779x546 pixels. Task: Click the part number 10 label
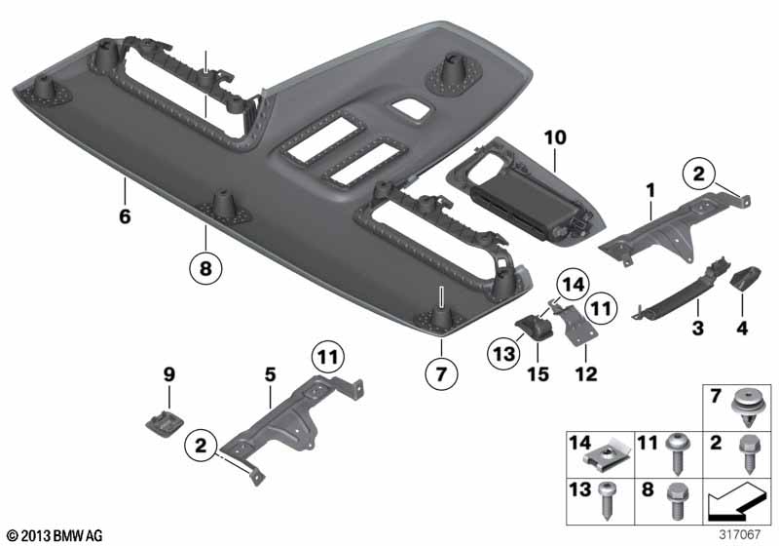pyautogui.click(x=555, y=137)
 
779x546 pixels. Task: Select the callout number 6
pyautogui.click(x=125, y=216)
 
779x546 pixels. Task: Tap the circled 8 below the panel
pyautogui.click(x=205, y=268)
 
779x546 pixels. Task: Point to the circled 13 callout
pyautogui.click(x=503, y=354)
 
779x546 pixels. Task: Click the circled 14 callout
pyautogui.click(x=573, y=285)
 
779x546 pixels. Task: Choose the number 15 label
pyautogui.click(x=538, y=374)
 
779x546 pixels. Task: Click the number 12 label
pyautogui.click(x=586, y=374)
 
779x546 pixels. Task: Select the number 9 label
pyautogui.click(x=169, y=374)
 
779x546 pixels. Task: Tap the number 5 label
pyautogui.click(x=271, y=374)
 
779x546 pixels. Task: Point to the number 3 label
pyautogui.click(x=697, y=329)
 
